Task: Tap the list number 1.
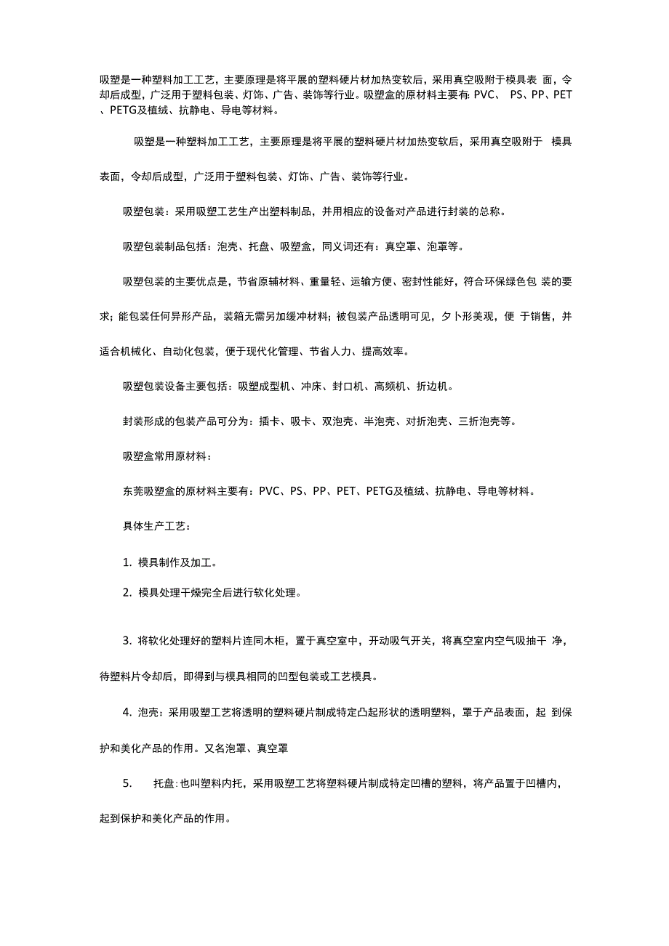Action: tap(127, 562)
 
